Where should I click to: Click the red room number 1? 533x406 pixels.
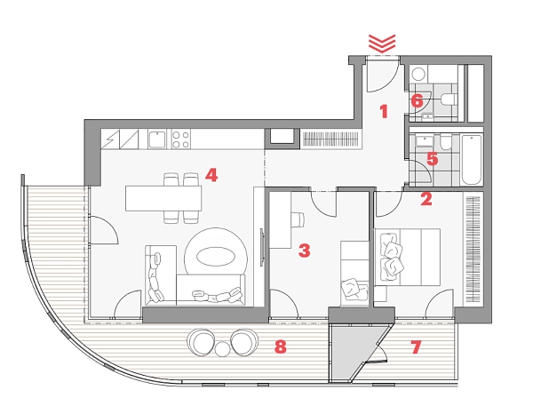pos(384,112)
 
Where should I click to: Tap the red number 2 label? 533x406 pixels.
pos(426,199)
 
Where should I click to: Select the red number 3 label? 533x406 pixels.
pos(304,251)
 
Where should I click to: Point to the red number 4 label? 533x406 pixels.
pos(211,175)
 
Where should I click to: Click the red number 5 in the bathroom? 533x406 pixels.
pos(432,159)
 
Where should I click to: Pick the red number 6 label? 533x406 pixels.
pos(418,101)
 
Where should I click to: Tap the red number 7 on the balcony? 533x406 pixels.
pos(416,347)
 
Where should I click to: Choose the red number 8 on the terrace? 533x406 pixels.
pos(280,347)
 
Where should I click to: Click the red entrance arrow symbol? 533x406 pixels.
pos(382,44)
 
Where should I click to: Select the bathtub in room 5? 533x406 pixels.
pos(472,160)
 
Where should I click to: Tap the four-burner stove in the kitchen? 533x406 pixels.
pos(180,139)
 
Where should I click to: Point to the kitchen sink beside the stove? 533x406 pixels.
pos(156,139)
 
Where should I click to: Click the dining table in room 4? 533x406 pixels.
pos(163,198)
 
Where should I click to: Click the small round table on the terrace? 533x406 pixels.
pos(223,349)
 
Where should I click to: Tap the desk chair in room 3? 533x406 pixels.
pos(298,219)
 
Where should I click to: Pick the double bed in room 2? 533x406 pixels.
pos(408,257)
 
